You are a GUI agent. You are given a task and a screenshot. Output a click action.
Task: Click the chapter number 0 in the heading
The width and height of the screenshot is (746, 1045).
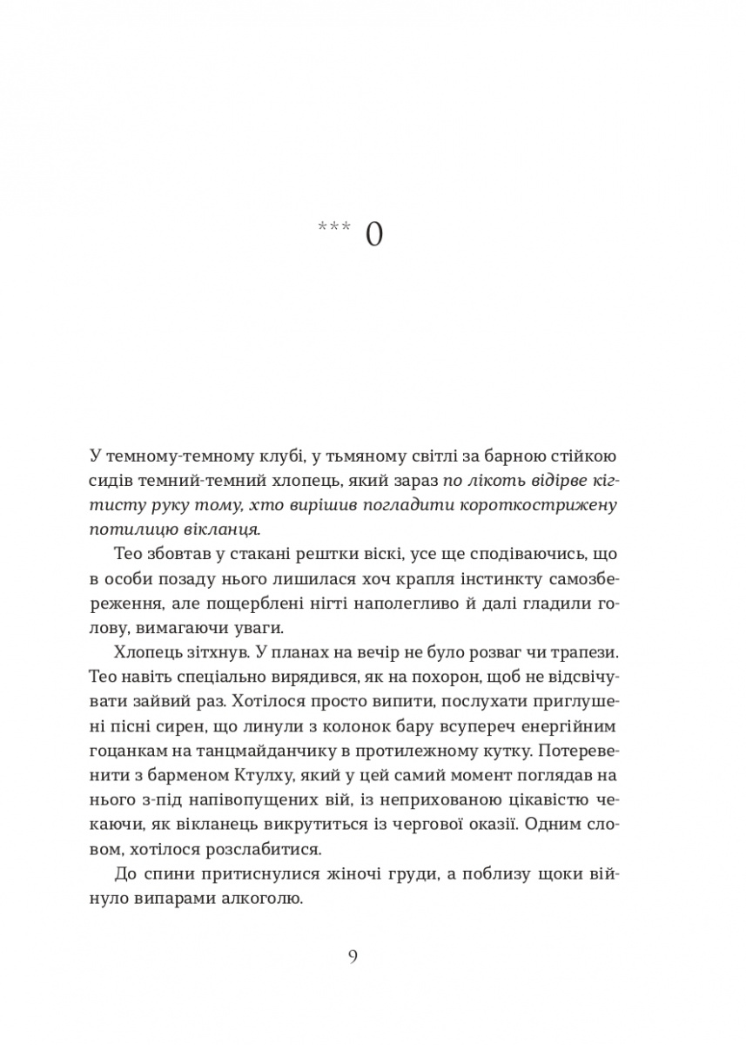click(x=374, y=235)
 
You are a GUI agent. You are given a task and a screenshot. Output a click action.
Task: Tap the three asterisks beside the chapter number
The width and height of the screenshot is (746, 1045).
click(x=334, y=228)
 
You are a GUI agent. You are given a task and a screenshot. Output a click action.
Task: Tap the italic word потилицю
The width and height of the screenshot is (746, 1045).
click(x=126, y=530)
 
